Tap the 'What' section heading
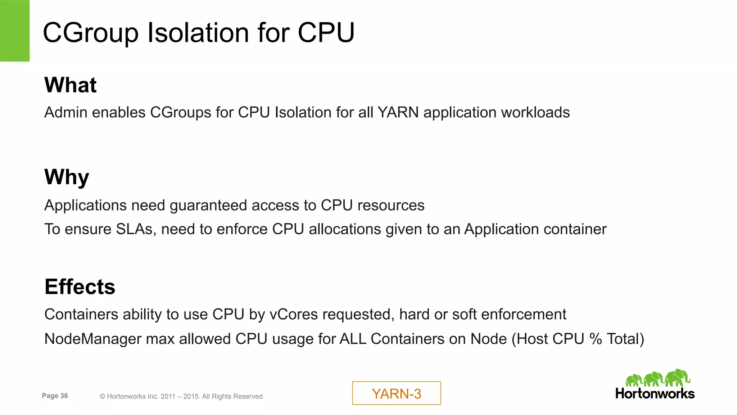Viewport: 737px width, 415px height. tap(71, 85)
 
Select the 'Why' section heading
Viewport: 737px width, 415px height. tap(67, 177)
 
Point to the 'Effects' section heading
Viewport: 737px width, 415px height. tap(80, 287)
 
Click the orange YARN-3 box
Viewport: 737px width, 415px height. tap(396, 393)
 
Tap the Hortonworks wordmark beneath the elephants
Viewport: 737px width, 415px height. tap(655, 394)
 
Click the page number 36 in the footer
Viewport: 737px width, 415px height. tap(64, 396)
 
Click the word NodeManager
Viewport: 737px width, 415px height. tap(92, 339)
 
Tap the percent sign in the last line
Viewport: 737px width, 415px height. tap(596, 339)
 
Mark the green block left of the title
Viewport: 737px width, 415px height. tap(15, 31)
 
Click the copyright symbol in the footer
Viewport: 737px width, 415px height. tap(102, 397)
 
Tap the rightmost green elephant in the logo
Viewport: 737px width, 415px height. tap(678, 378)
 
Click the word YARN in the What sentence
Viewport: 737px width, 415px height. tap(398, 113)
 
